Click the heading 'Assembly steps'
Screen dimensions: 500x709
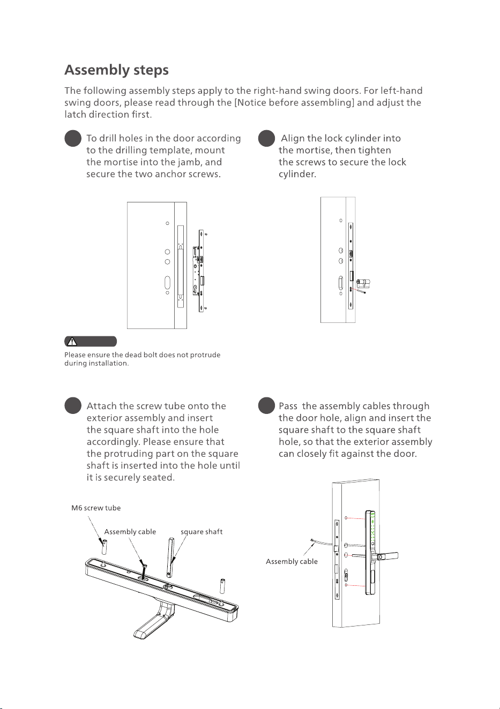point(116,70)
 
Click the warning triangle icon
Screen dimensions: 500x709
point(72,342)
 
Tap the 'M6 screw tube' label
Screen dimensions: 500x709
point(96,508)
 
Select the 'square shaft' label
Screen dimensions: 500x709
point(202,532)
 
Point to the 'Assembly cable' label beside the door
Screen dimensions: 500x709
point(292,562)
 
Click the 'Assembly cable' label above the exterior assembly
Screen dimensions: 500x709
point(130,532)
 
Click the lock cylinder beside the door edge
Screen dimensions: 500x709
point(364,283)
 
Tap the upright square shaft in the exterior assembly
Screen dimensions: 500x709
point(170,557)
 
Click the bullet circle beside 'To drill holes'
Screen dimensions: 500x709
point(73,138)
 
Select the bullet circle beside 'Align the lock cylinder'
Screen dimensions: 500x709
point(266,138)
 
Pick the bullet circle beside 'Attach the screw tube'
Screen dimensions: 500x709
point(73,405)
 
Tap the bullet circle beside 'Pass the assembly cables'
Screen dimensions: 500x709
point(266,405)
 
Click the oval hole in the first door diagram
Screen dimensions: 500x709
point(167,283)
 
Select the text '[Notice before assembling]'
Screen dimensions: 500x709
point(294,103)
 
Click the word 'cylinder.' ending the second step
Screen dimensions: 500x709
point(297,175)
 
